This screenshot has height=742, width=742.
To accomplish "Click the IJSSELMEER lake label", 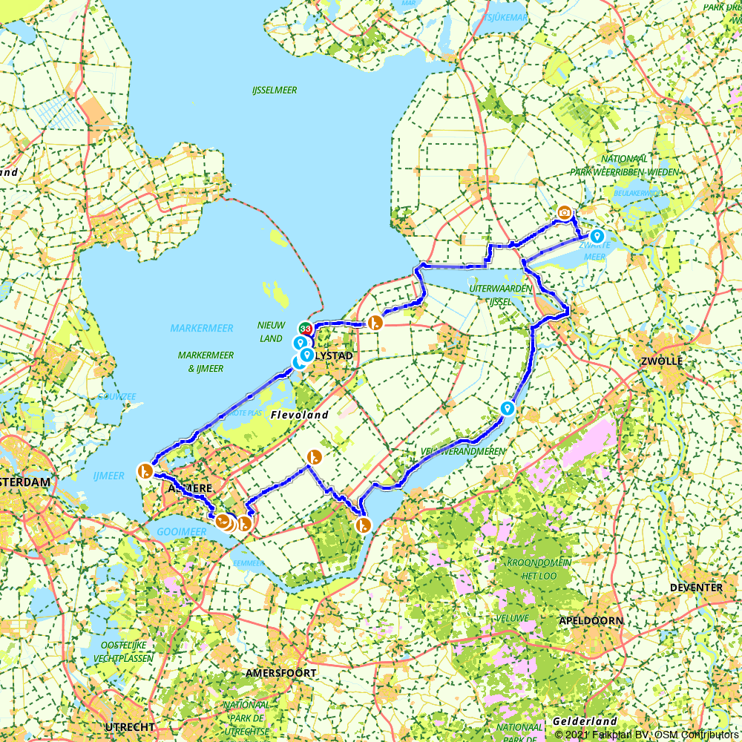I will point(275,91).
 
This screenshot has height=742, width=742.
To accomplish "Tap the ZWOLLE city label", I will point(663,361).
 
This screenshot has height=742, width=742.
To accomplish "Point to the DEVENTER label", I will point(695,588).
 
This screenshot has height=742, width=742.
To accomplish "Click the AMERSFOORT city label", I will point(281,673).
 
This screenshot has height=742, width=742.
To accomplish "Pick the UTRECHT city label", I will point(130,726).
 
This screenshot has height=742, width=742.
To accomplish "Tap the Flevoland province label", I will point(299,415).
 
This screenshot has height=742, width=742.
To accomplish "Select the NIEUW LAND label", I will point(271,332).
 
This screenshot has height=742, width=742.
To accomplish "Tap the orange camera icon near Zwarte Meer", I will point(565,212).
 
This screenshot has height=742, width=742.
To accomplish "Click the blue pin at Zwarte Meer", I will point(597,236).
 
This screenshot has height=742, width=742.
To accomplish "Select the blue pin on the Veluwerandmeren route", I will point(508,407).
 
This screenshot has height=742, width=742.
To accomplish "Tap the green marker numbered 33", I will point(304,328).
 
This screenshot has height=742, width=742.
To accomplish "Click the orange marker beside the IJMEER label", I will point(145,470).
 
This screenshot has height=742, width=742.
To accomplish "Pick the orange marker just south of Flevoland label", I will point(314,456).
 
